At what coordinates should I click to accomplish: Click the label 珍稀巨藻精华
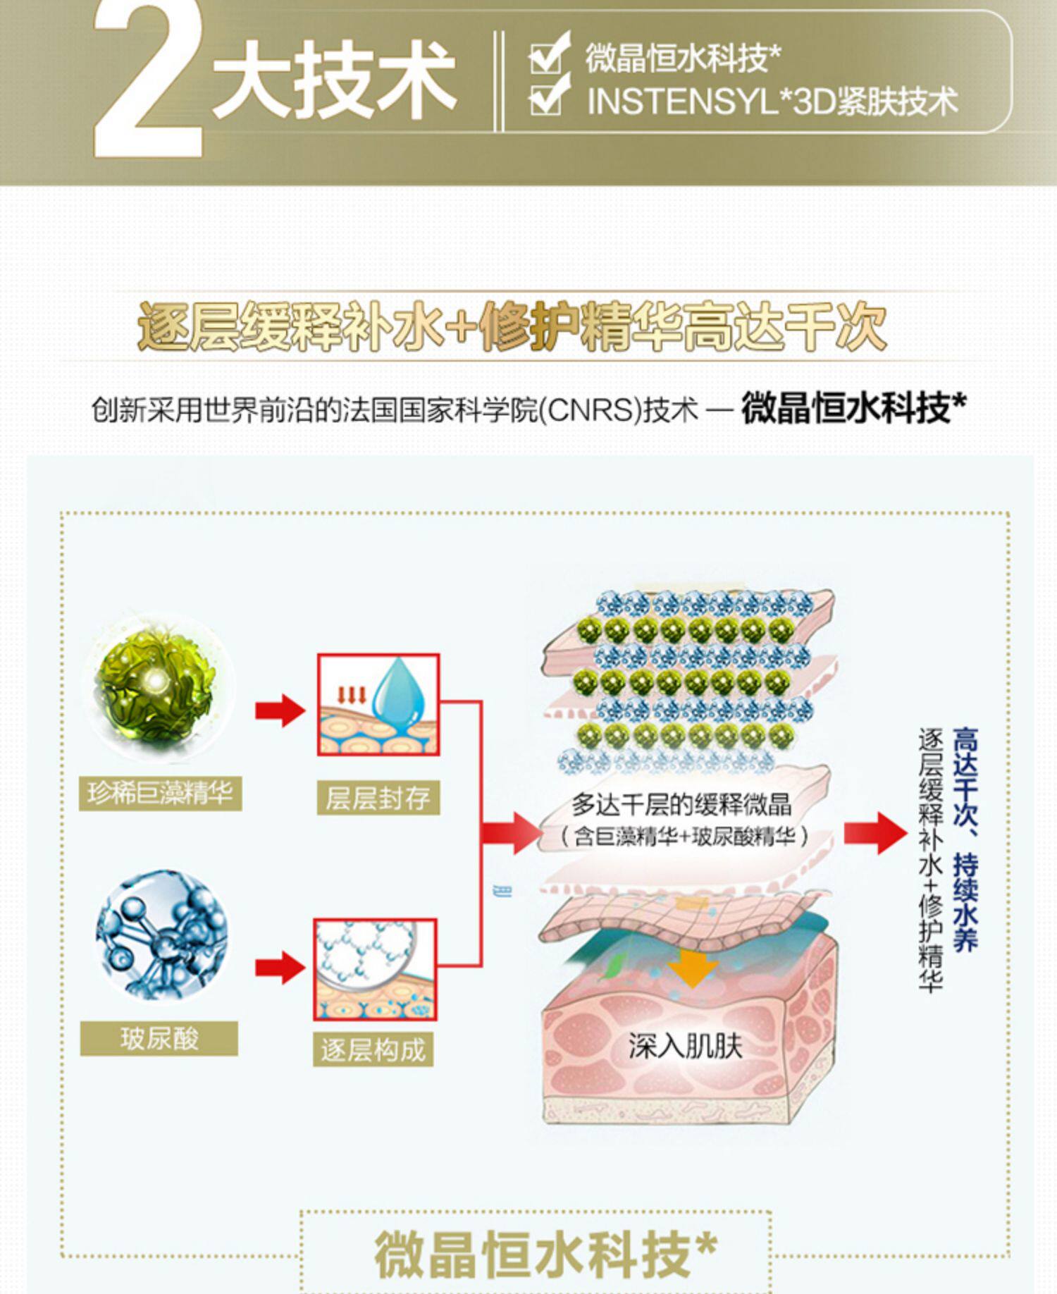click(x=160, y=794)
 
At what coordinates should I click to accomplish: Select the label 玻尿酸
click(x=159, y=1038)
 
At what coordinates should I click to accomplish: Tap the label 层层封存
click(x=378, y=798)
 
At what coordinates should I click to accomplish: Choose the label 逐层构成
click(x=373, y=1049)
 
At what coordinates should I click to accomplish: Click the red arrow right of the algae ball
click(x=280, y=710)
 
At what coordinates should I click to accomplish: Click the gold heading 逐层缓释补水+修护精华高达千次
click(x=512, y=327)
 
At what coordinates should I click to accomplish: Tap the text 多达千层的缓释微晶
click(x=681, y=804)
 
